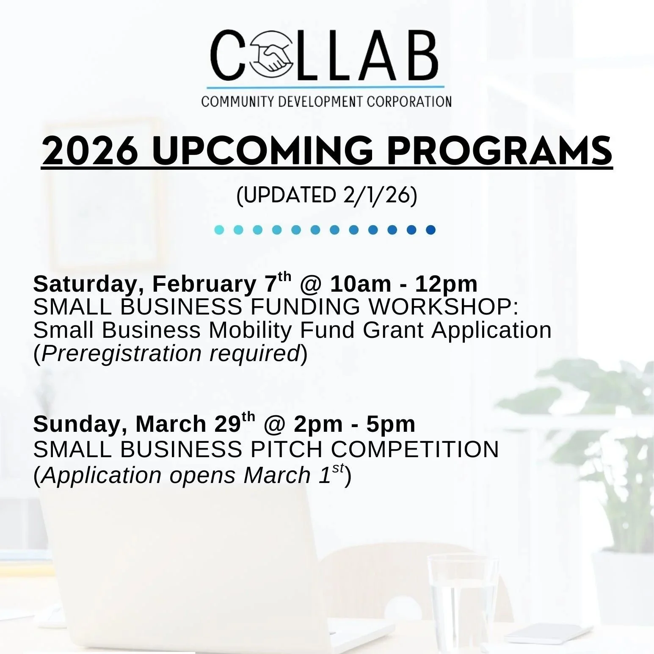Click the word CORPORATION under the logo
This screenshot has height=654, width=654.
[409, 102]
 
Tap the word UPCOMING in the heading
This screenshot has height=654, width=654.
[262, 152]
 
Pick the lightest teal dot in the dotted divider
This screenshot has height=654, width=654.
[219, 230]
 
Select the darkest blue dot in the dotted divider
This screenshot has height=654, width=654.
[430, 230]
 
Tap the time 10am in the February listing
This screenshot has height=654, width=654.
[360, 284]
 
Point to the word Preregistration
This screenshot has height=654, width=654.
[121, 353]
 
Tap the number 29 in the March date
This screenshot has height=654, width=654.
[227, 424]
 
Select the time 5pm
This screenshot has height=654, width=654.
[391, 424]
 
